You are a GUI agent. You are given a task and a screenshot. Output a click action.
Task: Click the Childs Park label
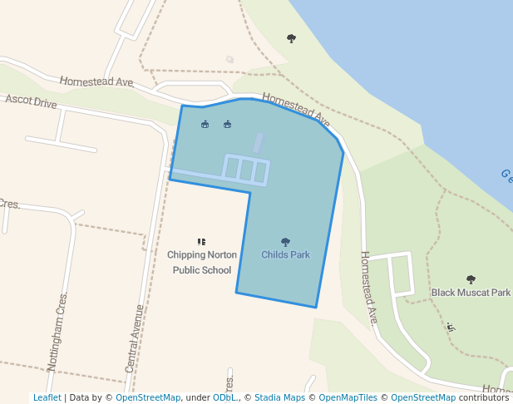coord(285,254)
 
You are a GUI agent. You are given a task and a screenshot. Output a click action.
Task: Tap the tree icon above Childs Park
coord(285,242)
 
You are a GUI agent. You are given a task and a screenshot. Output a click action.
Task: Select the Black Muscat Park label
coord(471,293)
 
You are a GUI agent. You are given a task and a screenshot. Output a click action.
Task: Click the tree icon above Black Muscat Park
coord(471,279)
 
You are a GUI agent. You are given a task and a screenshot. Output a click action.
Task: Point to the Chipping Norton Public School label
coord(202,262)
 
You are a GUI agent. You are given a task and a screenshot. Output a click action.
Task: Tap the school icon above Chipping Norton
coord(201,242)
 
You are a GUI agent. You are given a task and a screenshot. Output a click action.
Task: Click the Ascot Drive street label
coord(31,101)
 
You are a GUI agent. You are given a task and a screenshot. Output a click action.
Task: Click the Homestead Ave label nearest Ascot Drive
coord(96,81)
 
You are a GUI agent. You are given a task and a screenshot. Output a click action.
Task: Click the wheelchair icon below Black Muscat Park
coord(451,327)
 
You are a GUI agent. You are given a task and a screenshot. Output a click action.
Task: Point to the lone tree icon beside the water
coord(291,38)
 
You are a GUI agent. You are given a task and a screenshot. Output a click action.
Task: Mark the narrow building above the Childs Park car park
coord(259,142)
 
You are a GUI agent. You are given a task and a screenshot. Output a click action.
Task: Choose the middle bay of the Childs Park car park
coord(246,170)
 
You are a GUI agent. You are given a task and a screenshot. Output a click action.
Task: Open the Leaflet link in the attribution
coord(47,397)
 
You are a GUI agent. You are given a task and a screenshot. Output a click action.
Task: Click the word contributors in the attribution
coord(483,397)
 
